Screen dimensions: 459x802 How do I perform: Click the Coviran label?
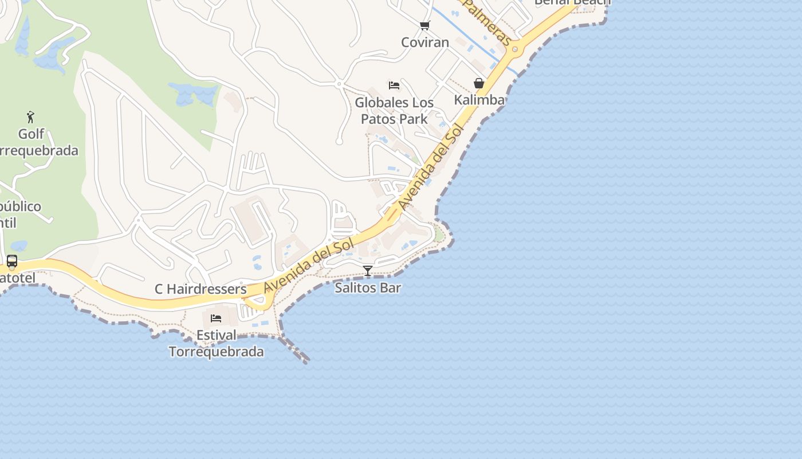coord(424,42)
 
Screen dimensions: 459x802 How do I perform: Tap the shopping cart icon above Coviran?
coord(424,25)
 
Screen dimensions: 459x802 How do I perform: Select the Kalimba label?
coord(479,100)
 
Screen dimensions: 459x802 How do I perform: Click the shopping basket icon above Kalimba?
coord(479,84)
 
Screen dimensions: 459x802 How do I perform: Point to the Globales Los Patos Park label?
coord(394,111)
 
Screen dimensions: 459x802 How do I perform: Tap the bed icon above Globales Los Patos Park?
coord(394,85)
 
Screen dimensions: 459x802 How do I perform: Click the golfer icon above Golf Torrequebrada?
coord(31,118)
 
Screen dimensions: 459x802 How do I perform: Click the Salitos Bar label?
coord(368,287)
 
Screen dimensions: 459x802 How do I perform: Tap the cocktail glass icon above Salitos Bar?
coord(368,271)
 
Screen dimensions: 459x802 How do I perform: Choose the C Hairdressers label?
coord(200,289)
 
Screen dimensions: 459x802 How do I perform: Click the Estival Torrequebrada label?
coord(216,343)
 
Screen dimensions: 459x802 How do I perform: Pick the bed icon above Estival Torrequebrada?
coord(216,318)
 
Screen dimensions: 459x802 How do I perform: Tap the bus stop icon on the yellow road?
coord(11,262)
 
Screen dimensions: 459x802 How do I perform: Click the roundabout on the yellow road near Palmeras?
coord(515,49)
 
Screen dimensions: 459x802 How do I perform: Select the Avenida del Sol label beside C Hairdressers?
coord(309,264)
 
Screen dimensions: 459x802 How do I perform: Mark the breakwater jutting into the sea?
coord(295,350)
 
